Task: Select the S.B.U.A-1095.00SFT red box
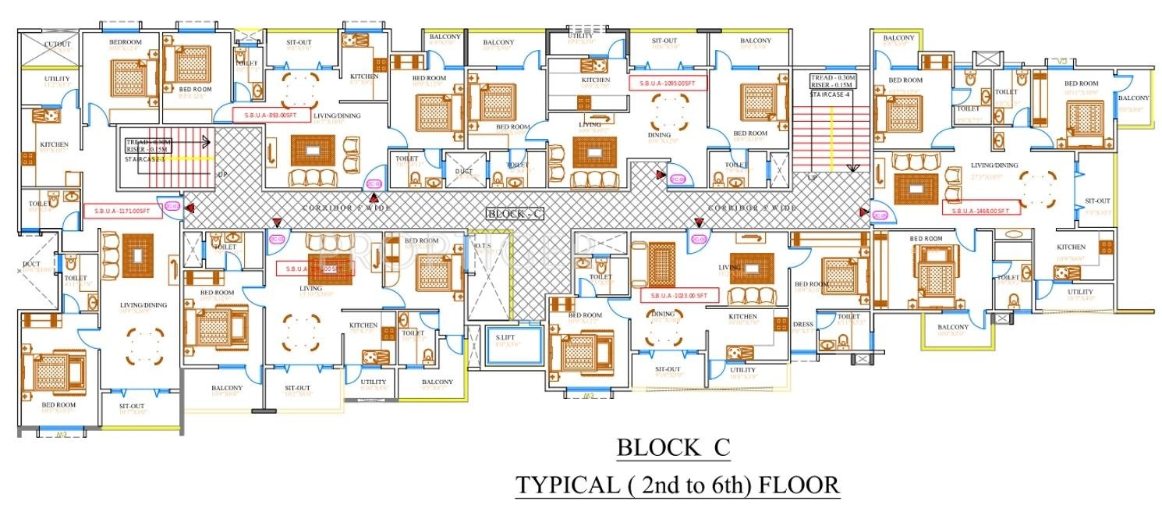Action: pyautogui.click(x=668, y=83)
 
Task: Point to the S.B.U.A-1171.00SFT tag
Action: pyautogui.click(x=122, y=212)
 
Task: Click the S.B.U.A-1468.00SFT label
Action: pyautogui.click(x=980, y=209)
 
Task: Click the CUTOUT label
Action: pyautogui.click(x=57, y=44)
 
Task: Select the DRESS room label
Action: pyautogui.click(x=802, y=324)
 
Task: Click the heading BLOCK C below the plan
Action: pyautogui.click(x=674, y=448)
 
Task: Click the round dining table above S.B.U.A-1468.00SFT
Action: pyautogui.click(x=1035, y=185)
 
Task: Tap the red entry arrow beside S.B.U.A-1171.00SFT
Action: pyautogui.click(x=189, y=208)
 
